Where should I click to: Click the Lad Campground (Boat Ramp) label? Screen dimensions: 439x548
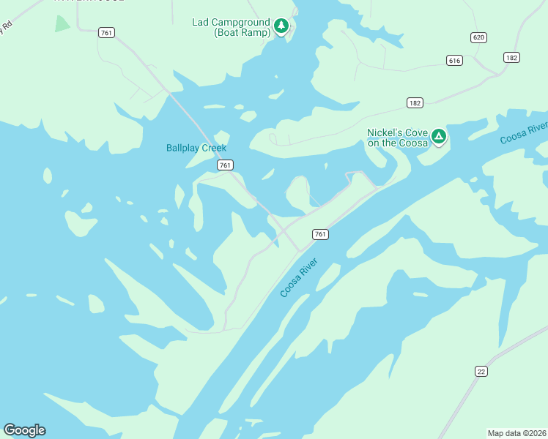click(232, 27)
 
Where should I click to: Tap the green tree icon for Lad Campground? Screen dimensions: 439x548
click(281, 26)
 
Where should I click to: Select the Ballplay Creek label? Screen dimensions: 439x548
click(196, 148)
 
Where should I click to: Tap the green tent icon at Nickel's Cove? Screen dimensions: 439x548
click(438, 135)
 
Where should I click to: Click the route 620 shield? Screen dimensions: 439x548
click(479, 37)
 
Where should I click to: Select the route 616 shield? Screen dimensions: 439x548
click(454, 60)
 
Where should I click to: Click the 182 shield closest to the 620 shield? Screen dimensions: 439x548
click(511, 57)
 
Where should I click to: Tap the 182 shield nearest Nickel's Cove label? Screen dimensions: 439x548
click(415, 103)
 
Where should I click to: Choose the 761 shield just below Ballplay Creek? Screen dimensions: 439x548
click(225, 165)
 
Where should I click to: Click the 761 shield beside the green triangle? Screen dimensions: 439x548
click(107, 32)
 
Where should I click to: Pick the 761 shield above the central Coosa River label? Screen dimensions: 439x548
click(319, 234)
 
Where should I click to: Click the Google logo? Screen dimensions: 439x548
click(24, 430)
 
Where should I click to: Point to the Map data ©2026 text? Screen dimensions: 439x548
click(516, 432)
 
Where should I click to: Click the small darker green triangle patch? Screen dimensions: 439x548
click(62, 23)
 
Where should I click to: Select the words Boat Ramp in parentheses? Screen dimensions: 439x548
click(241, 33)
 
